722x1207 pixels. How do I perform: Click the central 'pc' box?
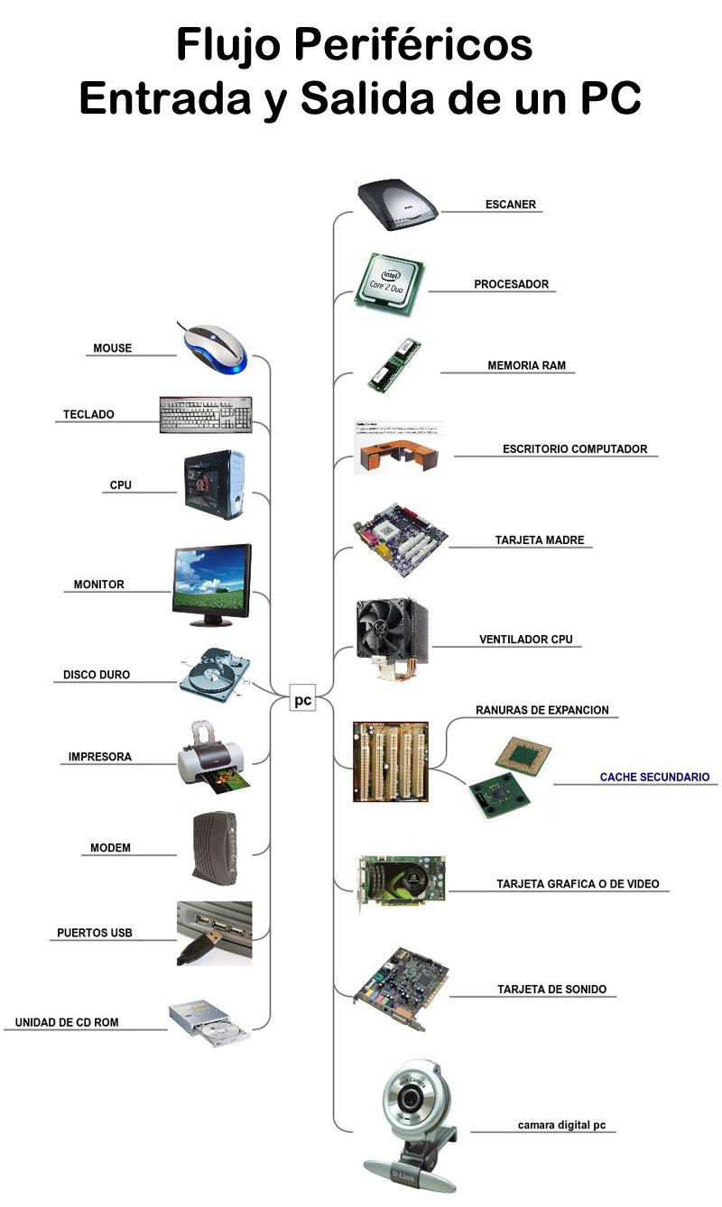(302, 699)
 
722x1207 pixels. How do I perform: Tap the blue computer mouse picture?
(213, 347)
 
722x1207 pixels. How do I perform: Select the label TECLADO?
(88, 415)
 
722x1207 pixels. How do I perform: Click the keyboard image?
(206, 414)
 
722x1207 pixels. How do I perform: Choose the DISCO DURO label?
(97, 675)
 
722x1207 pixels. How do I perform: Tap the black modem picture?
(214, 848)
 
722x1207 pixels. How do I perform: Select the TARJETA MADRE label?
(540, 540)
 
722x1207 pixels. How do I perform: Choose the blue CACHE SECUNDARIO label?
(654, 777)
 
